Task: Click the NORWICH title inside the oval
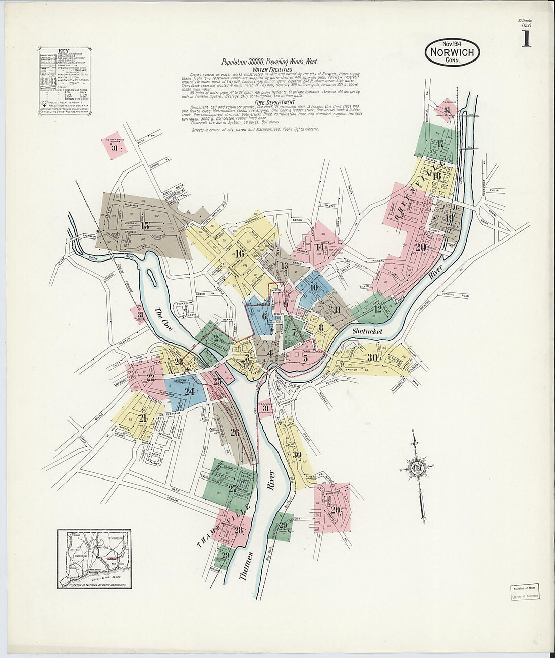point(452,52)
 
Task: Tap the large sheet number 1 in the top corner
point(526,39)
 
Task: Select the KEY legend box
point(64,81)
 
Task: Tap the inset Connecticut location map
point(94,559)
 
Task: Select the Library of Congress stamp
point(525,592)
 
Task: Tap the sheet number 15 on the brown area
point(146,226)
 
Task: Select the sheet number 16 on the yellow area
point(239,254)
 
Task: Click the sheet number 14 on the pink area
point(319,247)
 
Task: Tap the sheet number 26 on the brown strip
point(234,432)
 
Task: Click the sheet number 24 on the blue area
point(189,391)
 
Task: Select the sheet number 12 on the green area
point(377,309)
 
